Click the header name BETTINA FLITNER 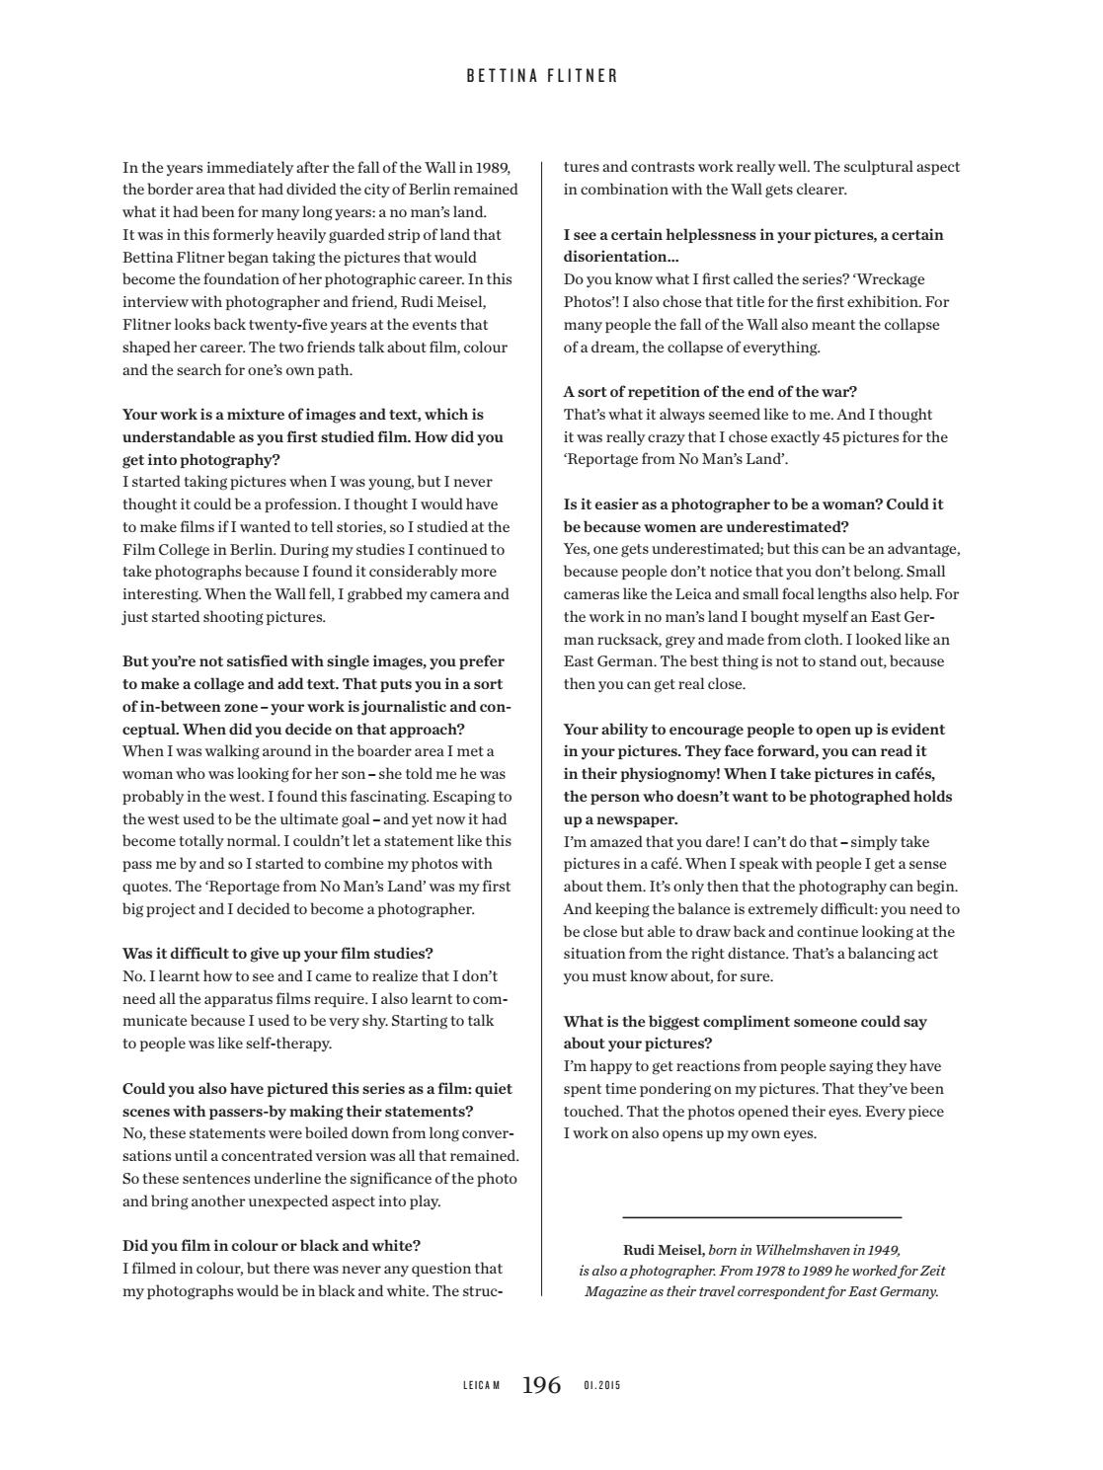point(542,76)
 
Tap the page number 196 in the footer point(541,1385)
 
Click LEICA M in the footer point(482,1386)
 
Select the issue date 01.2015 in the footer point(602,1386)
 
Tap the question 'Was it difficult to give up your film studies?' point(277,954)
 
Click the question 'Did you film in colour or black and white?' point(272,1246)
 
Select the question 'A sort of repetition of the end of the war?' point(710,392)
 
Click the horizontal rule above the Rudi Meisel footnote point(761,1217)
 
